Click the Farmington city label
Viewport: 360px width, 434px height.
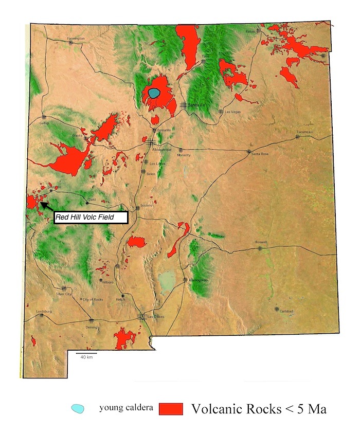(x=75, y=38)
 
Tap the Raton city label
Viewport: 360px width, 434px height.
(x=250, y=31)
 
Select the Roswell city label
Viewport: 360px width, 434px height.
(x=261, y=243)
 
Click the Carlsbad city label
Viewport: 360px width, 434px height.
(x=286, y=311)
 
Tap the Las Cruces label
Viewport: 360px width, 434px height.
(x=155, y=317)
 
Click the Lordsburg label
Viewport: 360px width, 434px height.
(x=44, y=312)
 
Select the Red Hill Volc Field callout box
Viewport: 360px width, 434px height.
(x=91, y=218)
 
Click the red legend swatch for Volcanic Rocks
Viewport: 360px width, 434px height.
(x=171, y=409)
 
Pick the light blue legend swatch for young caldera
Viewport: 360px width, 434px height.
(x=78, y=408)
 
